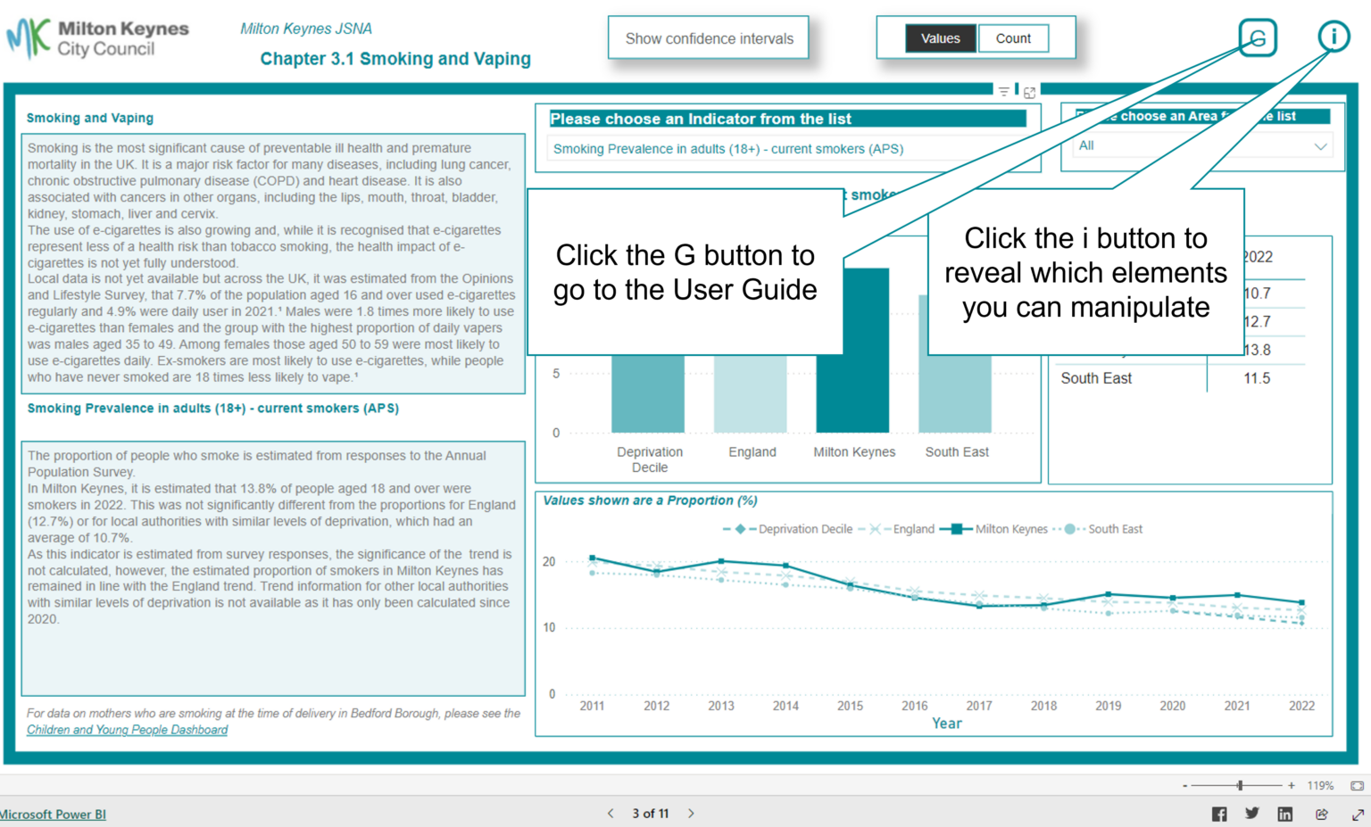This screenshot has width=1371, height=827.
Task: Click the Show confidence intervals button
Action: tap(709, 38)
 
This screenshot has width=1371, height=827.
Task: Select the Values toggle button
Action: tap(940, 38)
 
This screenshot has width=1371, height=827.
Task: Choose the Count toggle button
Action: tap(1013, 38)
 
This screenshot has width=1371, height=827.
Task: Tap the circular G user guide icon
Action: tap(1258, 37)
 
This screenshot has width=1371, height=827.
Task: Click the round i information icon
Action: tap(1334, 37)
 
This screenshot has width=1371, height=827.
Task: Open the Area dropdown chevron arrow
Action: tap(1320, 146)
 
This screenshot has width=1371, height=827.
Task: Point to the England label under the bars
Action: tap(752, 452)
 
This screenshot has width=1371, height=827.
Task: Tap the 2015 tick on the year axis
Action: tap(850, 706)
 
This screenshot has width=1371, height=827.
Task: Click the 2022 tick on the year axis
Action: tap(1301, 706)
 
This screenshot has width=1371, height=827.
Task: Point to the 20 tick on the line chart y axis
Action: tap(549, 562)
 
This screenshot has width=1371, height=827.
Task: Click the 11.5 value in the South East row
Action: tap(1257, 378)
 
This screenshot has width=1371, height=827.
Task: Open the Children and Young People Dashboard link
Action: tap(127, 730)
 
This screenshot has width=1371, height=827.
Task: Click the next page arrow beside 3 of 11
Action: tap(691, 814)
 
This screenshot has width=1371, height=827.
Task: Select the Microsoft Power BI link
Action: tap(53, 815)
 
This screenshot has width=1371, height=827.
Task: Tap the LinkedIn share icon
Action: tap(1284, 814)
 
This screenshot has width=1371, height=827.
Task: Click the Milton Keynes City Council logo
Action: tap(98, 39)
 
